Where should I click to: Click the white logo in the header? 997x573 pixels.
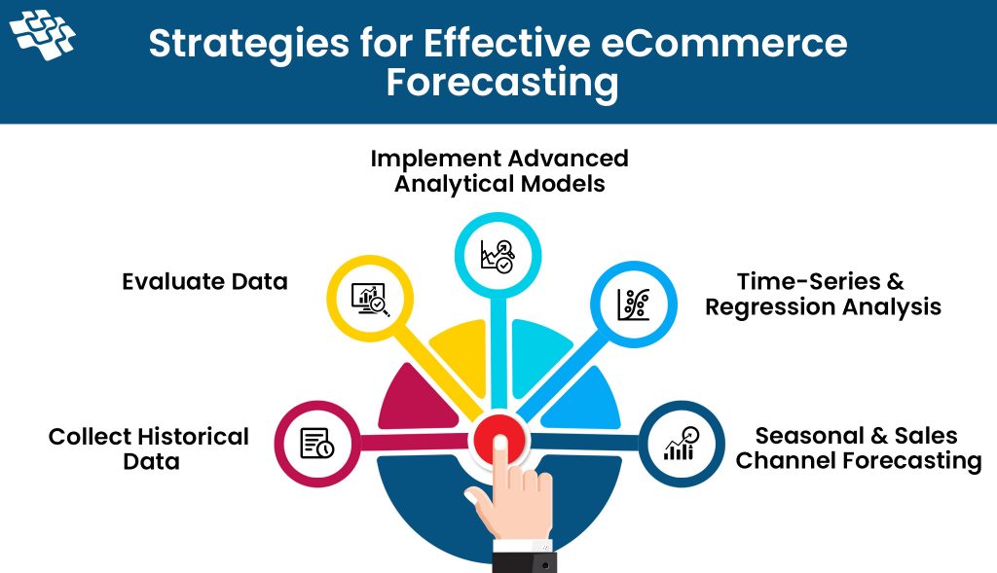click(43, 36)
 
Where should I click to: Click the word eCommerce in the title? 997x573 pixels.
click(723, 43)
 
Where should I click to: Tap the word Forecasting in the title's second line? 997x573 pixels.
click(502, 84)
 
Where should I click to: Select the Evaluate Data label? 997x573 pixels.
click(204, 281)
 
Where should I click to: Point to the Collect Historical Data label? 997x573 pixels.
click(149, 448)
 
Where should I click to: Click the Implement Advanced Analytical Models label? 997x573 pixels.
click(499, 171)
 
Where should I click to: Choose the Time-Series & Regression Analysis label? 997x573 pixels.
click(823, 294)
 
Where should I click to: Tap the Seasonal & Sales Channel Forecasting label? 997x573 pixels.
click(859, 448)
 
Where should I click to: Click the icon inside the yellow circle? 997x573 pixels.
click(371, 300)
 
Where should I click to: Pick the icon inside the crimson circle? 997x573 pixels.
click(317, 443)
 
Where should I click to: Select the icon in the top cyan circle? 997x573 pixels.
click(498, 256)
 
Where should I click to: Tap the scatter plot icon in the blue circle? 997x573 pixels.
click(634, 304)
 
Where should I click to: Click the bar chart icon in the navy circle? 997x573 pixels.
click(681, 444)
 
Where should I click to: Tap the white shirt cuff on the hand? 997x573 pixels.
click(523, 547)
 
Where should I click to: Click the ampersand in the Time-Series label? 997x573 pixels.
click(895, 281)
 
